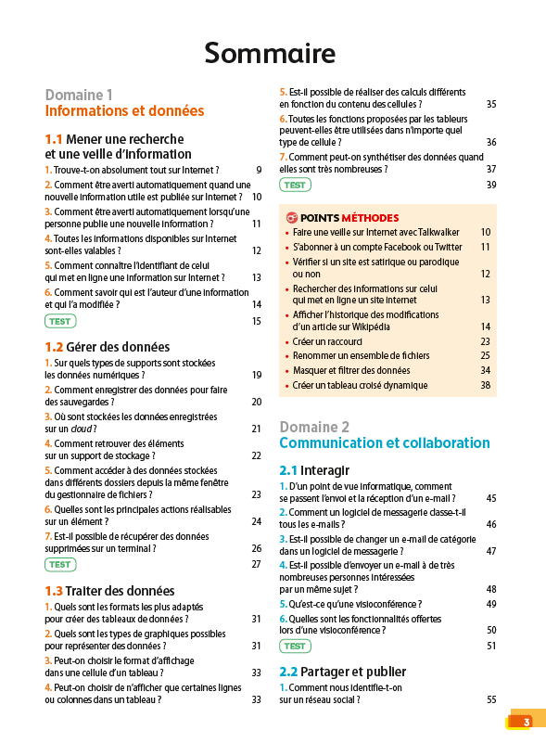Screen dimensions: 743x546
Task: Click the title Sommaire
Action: coord(270,54)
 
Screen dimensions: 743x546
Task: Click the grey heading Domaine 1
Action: coord(79,95)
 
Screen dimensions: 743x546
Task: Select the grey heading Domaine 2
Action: coord(314,427)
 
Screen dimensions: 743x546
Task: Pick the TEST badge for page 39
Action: coord(295,185)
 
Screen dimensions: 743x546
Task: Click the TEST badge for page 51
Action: coord(295,646)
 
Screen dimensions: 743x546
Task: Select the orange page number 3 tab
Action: coord(526,722)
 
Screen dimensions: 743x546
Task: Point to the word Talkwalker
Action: coord(436,232)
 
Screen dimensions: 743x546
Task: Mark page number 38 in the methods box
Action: coord(485,385)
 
